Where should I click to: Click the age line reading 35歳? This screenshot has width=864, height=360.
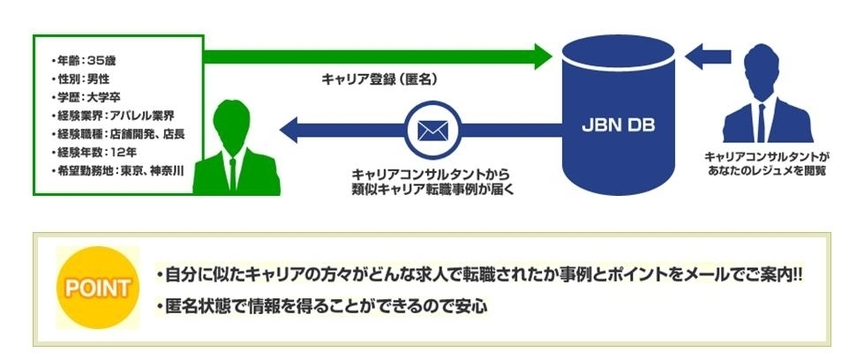[x=82, y=61]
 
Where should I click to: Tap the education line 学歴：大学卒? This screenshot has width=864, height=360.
[x=81, y=98]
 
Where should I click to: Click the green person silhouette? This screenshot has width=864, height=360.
[x=236, y=147]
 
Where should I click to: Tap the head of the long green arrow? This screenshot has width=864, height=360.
[x=544, y=56]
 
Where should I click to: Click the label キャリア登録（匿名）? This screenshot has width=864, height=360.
[x=379, y=79]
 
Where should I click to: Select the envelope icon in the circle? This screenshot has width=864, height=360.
[x=432, y=130]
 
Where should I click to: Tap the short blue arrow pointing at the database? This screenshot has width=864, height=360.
[x=708, y=56]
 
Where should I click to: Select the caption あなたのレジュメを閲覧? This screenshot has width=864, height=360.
[x=768, y=170]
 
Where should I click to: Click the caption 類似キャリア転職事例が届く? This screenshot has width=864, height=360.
[x=432, y=188]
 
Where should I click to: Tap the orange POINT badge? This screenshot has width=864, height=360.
[x=98, y=288]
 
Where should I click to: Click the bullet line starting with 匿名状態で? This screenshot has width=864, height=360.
[x=322, y=306]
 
